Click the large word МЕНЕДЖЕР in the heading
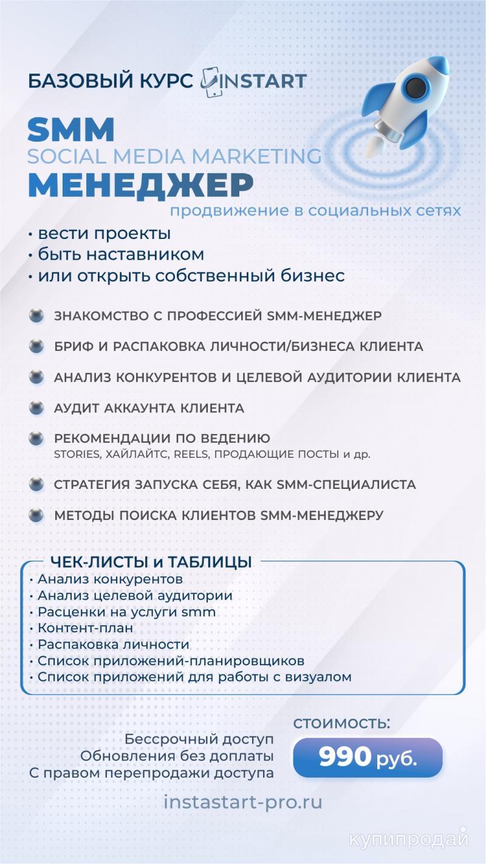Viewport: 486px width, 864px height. [x=140, y=185]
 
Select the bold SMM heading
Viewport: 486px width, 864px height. [x=71, y=130]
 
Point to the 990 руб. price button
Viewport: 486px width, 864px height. [x=368, y=757]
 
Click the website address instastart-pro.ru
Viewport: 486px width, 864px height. [x=243, y=802]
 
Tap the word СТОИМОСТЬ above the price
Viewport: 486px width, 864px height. [x=341, y=724]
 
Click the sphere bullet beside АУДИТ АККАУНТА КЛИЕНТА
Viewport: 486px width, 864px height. [x=37, y=408]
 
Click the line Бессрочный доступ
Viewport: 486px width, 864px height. [x=199, y=739]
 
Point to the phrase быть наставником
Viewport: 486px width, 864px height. [x=121, y=254]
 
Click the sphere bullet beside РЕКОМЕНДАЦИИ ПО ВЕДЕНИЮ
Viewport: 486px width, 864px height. [x=37, y=438]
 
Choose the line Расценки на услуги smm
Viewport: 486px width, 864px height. [x=126, y=612]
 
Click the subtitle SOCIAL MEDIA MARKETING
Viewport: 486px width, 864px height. [x=174, y=157]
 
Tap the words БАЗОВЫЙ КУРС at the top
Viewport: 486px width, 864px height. [x=111, y=81]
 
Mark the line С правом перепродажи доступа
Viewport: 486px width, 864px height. [x=151, y=773]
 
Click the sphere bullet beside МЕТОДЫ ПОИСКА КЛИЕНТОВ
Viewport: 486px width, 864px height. [x=37, y=515]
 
